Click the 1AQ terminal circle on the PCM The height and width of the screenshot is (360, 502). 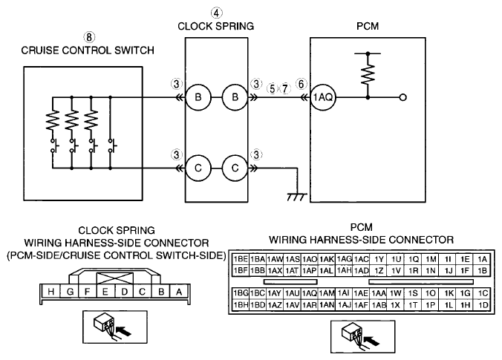[323, 97]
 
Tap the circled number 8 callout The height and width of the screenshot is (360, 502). [89, 37]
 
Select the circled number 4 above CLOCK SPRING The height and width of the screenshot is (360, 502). [216, 13]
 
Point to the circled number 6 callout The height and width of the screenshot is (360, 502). [301, 84]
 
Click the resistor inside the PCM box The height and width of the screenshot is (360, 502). [368, 74]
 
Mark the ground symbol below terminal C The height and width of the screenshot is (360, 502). [297, 197]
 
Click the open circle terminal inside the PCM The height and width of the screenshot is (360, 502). [403, 97]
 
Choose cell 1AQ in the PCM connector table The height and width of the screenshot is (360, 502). [309, 293]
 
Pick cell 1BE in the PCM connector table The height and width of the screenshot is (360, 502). [241, 259]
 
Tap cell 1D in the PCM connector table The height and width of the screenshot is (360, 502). [483, 305]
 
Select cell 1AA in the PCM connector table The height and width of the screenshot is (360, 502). [379, 293]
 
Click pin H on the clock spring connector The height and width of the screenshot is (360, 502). [50, 292]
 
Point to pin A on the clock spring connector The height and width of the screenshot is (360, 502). [179, 292]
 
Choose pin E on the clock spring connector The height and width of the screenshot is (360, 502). [105, 292]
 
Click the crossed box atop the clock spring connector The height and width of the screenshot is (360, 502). [114, 278]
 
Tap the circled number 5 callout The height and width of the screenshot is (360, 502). [272, 88]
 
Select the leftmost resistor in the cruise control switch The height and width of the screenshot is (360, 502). [53, 120]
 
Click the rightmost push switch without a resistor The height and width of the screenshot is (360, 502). [111, 145]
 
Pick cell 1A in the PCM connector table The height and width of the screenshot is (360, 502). [483, 259]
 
